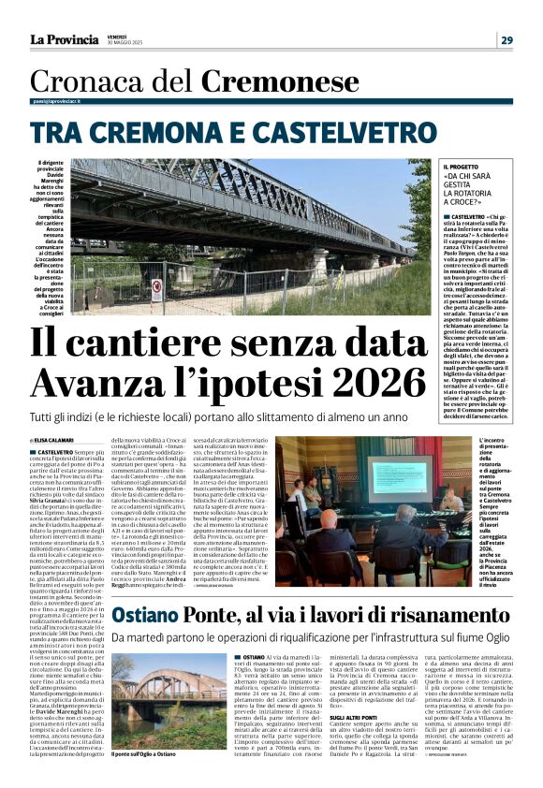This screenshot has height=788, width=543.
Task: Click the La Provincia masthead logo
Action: [x=64, y=39]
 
